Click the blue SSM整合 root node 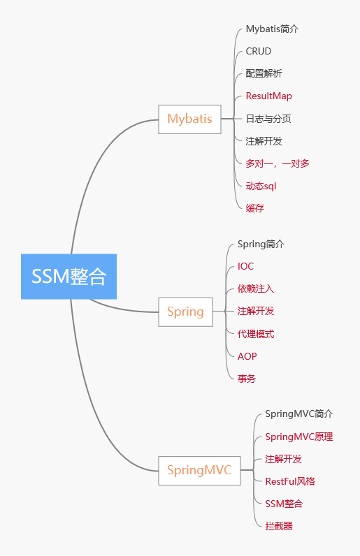pos(69,276)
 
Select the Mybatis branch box pos(189,119)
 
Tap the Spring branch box pos(185,312)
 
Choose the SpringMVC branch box pos(199,470)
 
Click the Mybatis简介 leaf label pos(273,29)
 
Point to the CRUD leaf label pos(259,51)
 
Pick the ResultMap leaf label pos(269,96)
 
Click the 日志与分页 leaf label pos(268,119)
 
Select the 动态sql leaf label pos(261,186)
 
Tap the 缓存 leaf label pos(255,208)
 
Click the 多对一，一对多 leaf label pos(278,163)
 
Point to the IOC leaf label pos(246,266)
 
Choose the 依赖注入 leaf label pos(256,288)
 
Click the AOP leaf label pos(247,356)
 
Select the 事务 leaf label pos(247,379)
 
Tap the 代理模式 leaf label pos(256,334)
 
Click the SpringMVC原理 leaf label pos(299,437)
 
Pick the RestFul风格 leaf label pos(290,481)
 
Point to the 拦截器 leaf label pos(279,526)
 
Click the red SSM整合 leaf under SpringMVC pos(284,504)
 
